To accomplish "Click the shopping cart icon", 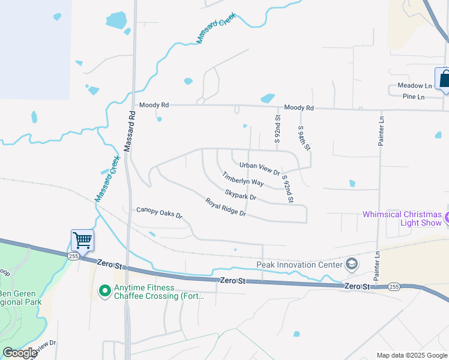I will coord(82,241).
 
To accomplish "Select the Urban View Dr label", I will coord(259,169).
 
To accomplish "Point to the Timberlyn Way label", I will coord(243,179).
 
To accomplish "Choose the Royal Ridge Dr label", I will coord(225,207).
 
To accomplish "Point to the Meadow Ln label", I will coord(415,86).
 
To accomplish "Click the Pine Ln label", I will coord(414,97).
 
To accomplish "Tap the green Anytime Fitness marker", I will coord(104,291).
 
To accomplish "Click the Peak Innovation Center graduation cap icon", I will coord(351,264).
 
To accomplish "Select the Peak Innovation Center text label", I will coord(299,265).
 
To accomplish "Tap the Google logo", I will coord(19,353).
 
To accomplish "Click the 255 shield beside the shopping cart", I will coord(73,256).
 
